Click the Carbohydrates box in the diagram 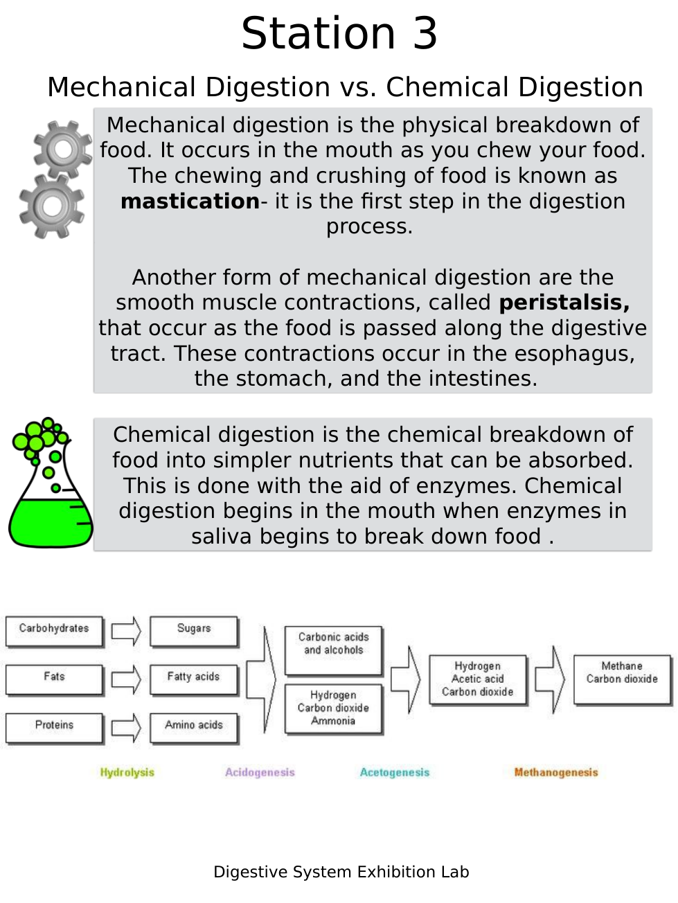click(54, 631)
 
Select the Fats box click(54, 679)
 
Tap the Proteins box click(54, 728)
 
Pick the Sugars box click(194, 631)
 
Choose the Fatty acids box click(194, 679)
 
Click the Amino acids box click(194, 728)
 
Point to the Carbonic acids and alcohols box click(333, 650)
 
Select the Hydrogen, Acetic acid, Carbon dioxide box click(478, 679)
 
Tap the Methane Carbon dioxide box click(622, 679)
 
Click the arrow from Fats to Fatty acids click(126, 679)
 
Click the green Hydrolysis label click(127, 773)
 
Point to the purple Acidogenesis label click(260, 773)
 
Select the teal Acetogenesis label click(395, 773)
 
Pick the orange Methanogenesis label click(556, 773)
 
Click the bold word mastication click(190, 202)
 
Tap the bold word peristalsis click(564, 303)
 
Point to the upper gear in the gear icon click(63, 149)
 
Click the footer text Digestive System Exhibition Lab click(341, 872)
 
